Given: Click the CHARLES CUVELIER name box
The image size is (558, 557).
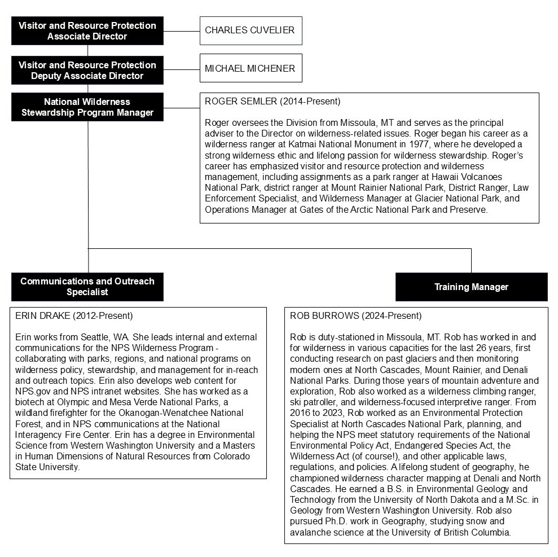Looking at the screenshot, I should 251,30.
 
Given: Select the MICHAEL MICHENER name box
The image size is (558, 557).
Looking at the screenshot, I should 251,68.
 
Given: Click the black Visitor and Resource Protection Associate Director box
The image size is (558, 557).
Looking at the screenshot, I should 87,30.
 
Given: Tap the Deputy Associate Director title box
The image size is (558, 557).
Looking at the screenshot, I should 87,70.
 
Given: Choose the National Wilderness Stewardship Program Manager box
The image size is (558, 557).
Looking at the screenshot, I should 87,107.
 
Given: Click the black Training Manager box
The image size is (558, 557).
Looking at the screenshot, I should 471,287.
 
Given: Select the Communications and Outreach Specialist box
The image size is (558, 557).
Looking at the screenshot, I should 87,287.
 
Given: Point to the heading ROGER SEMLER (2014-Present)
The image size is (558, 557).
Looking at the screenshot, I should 273,102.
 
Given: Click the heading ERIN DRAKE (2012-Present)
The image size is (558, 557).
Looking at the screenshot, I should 74,316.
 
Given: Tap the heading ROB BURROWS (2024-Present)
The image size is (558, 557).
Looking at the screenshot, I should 355,316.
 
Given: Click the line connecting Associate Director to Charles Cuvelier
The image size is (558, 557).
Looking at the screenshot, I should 181,30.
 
